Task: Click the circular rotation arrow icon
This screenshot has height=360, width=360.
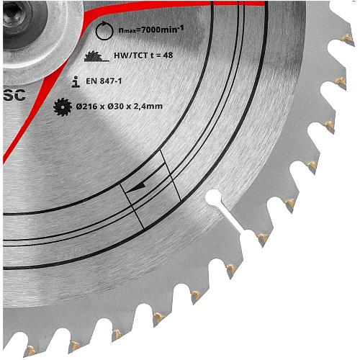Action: (104, 30)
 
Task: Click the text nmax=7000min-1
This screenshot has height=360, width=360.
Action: (151, 30)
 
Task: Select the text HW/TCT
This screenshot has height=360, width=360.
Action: (130, 55)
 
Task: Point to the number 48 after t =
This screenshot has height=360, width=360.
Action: (168, 55)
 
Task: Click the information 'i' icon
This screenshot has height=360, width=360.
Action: (76, 81)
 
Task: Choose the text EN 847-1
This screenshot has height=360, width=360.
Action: (104, 81)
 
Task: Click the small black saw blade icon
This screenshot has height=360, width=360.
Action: (63, 107)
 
